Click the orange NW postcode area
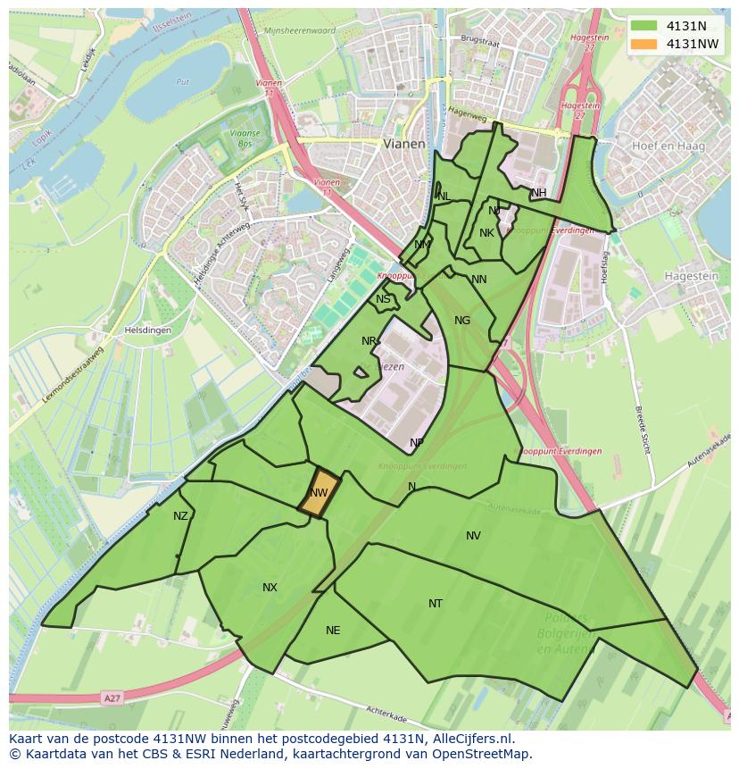coord(319,493)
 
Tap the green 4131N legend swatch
coord(642,26)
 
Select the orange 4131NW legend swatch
coord(642,44)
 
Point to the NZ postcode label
coord(181,516)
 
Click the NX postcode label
coord(270,588)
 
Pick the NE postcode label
coord(333,631)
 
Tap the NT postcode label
coord(436,604)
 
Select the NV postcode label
coord(473,536)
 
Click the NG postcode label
coord(461,321)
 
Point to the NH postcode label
coord(539,193)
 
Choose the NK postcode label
coord(486,233)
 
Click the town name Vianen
coord(404,143)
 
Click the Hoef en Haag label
coord(668,146)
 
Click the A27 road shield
coord(111,698)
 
